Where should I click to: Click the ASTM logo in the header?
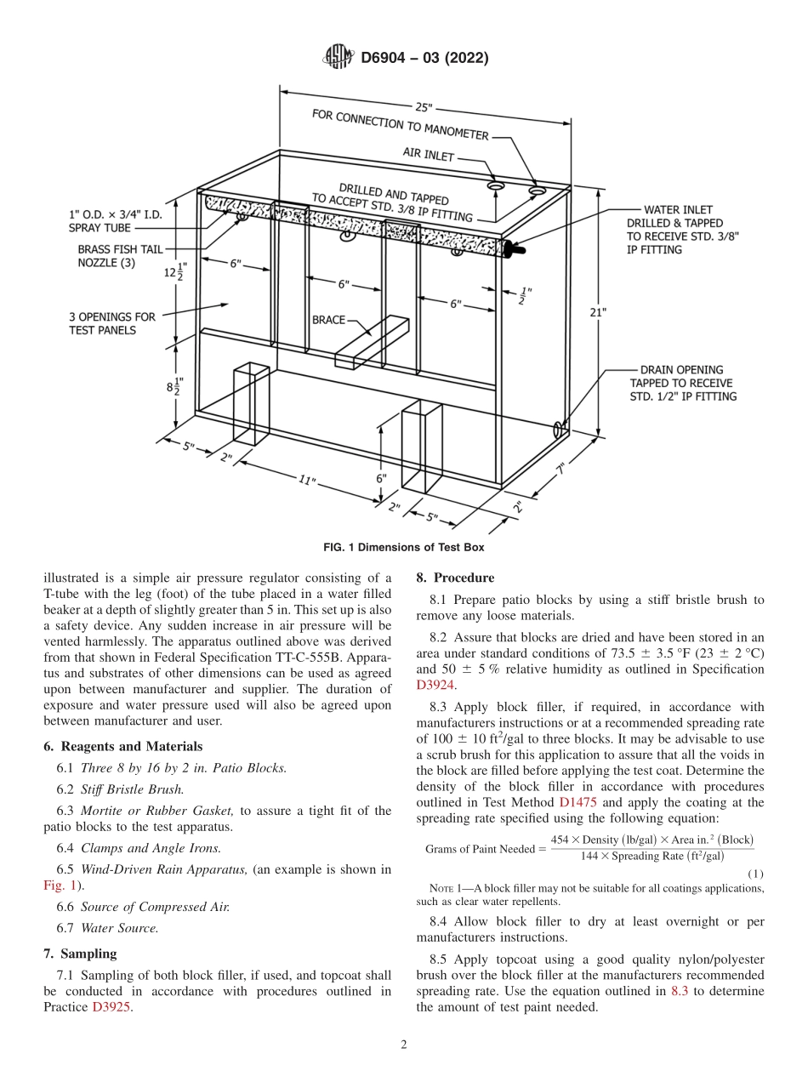339,58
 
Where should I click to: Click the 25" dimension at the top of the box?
424,108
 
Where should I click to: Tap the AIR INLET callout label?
429,157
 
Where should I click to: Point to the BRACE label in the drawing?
328,320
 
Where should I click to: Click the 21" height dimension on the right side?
598,312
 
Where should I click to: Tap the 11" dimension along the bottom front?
307,481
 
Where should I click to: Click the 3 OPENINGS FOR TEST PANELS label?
112,323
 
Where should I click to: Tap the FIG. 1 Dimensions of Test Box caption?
404,547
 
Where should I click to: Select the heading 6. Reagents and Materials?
123,746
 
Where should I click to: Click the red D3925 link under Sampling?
112,1007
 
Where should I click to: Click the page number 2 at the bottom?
404,1045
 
